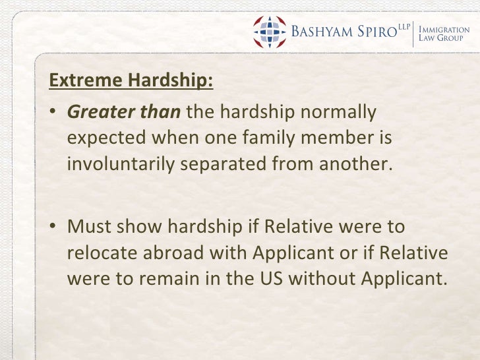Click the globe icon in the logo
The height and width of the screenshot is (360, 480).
click(270, 30)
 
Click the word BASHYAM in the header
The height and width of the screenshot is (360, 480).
click(320, 31)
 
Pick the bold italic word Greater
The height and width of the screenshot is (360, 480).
click(96, 113)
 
